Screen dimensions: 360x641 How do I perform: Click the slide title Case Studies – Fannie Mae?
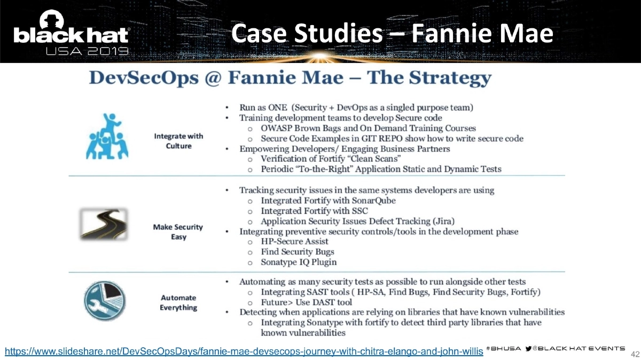pos(393,34)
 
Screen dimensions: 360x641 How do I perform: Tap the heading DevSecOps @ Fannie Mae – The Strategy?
pos(290,78)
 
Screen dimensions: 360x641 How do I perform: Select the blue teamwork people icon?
pos(104,135)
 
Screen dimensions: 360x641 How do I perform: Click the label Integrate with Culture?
pos(179,141)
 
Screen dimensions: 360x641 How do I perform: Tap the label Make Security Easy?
pos(178,231)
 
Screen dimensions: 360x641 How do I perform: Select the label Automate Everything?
pos(178,302)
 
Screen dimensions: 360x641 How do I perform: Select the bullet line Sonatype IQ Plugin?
pos(299,262)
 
